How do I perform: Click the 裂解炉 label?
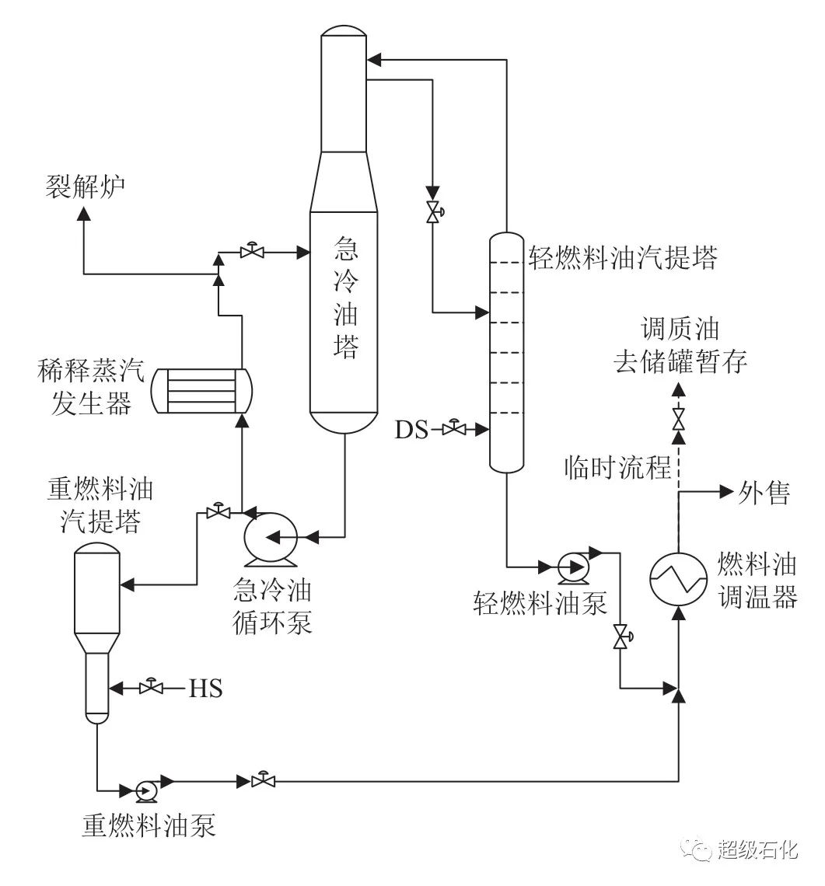pyautogui.click(x=85, y=187)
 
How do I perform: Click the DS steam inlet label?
pyautogui.click(x=411, y=429)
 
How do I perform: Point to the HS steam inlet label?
pyautogui.click(x=205, y=688)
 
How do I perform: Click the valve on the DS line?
pyautogui.click(x=455, y=428)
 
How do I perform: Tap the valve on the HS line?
pyautogui.click(x=151, y=688)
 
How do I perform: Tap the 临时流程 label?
pyautogui.click(x=617, y=467)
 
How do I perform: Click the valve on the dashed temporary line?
pyautogui.click(x=679, y=419)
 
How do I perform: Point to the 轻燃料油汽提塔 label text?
pyautogui.click(x=621, y=256)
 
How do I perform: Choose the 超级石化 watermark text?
pyautogui.click(x=757, y=849)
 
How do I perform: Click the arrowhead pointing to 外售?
pyautogui.click(x=728, y=491)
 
